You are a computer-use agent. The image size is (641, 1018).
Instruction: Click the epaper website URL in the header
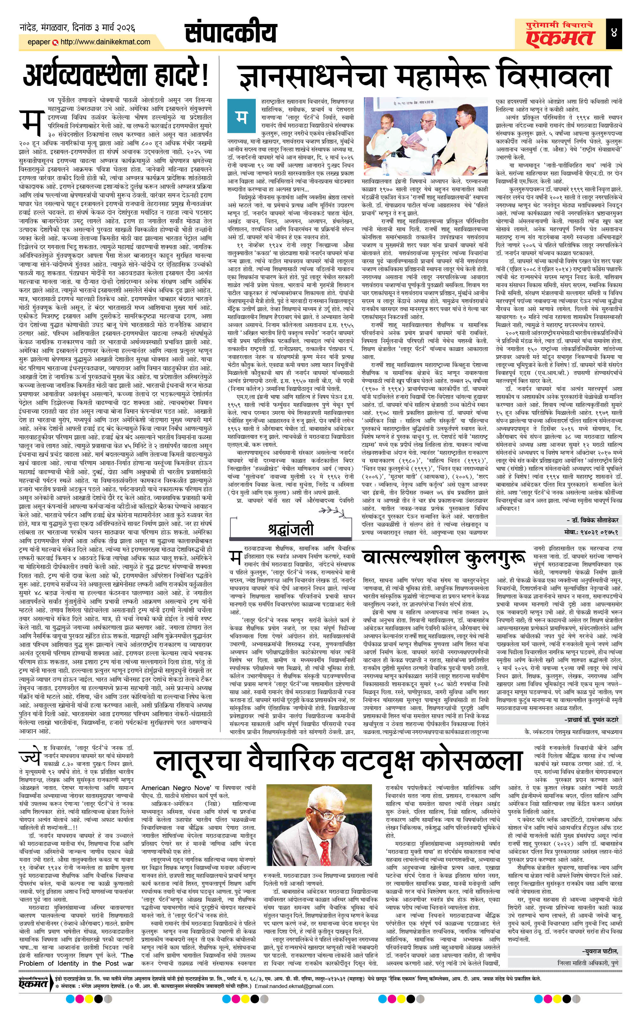105,42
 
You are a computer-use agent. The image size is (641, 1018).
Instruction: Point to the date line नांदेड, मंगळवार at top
77,28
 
